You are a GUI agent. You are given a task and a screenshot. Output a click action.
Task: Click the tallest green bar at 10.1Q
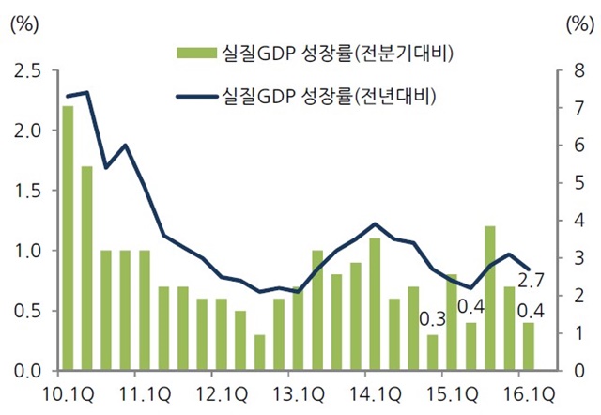coord(68,238)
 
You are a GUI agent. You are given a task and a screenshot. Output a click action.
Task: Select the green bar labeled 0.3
coord(433,352)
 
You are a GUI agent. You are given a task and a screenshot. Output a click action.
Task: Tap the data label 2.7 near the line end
coord(531,281)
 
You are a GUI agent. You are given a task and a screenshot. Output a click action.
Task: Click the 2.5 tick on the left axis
coord(27,71)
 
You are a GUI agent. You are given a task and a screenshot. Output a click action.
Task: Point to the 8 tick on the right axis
coord(579,71)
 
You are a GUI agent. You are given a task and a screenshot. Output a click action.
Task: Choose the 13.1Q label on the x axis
coord(299,394)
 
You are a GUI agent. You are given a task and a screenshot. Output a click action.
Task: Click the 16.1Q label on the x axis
coord(529,394)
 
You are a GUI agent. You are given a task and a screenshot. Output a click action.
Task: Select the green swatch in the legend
coord(196,53)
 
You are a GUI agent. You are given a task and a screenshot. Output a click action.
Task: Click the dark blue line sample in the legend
coord(197,97)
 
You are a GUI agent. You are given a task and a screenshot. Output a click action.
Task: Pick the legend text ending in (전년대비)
coord(330,97)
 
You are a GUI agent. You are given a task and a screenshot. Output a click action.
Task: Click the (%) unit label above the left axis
coord(25,24)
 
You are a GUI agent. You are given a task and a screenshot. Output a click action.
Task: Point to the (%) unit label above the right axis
coord(580,24)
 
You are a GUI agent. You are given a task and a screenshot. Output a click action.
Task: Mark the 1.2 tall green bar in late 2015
coord(490,299)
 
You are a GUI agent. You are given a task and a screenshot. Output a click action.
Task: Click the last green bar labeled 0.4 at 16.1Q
coord(529,346)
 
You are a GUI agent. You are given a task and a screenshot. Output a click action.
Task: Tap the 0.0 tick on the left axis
coord(27,371)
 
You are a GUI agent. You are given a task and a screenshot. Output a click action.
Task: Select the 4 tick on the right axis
coord(579,221)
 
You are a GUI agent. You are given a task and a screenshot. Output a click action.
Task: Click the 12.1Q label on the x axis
coord(222,394)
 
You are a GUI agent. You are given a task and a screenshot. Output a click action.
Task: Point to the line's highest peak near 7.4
coord(87,92)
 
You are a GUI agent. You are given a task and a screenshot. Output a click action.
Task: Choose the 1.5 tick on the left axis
coord(27,192)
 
